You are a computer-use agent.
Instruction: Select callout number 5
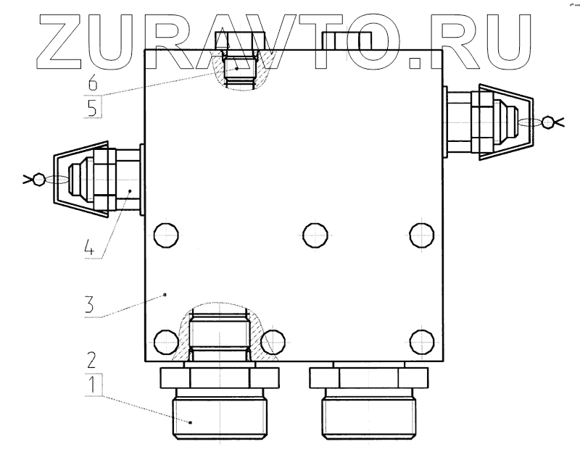pos(93,108)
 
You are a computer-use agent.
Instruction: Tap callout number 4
pos(89,247)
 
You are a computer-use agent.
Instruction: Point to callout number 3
pos(89,305)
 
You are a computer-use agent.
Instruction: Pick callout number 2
pos(91,360)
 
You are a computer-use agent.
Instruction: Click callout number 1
pos(92,385)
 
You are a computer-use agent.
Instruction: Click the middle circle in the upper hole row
pos(315,235)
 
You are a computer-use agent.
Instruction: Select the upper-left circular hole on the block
pos(166,235)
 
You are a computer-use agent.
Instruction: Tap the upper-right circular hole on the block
pos(422,235)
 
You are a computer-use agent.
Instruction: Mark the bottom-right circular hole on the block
pos(422,342)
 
